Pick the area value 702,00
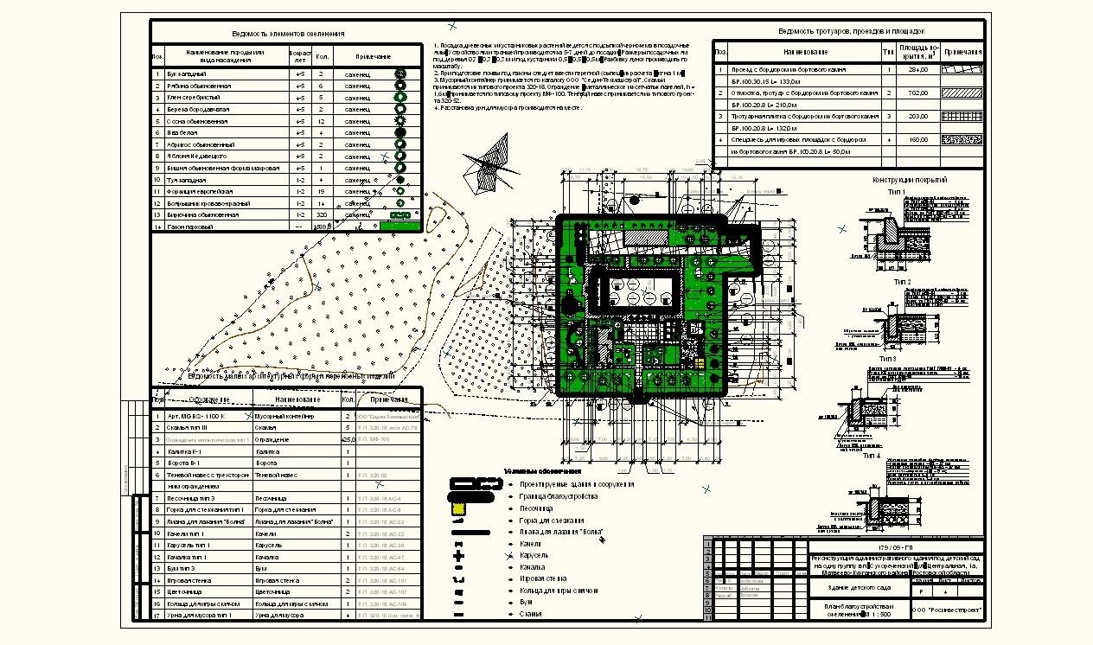pyautogui.click(x=917, y=93)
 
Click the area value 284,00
pyautogui.click(x=917, y=69)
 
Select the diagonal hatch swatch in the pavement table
pyautogui.click(x=962, y=93)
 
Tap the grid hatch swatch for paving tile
pyautogui.click(x=962, y=116)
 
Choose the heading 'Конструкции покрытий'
pyautogui.click(x=910, y=180)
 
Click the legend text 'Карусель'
pyautogui.click(x=532, y=555)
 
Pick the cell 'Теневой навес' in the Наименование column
pyautogui.click(x=277, y=476)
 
